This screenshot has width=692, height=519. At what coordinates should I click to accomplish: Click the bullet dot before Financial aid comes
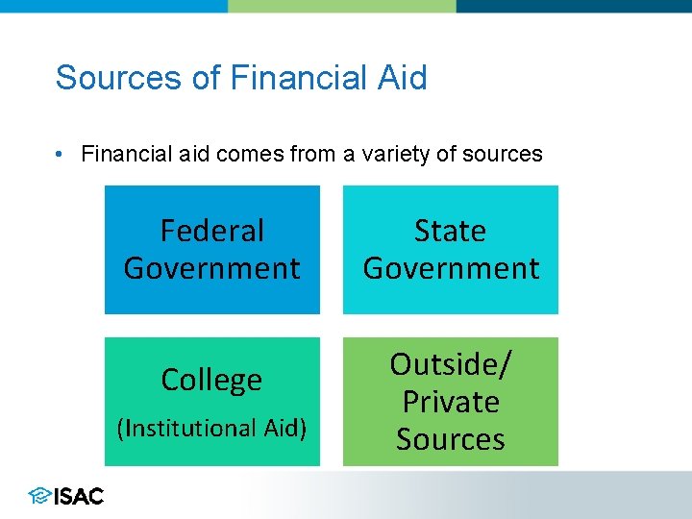(x=60, y=154)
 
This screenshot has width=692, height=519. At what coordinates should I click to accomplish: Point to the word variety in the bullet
(x=395, y=154)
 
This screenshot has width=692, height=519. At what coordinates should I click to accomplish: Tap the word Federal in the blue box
(x=211, y=231)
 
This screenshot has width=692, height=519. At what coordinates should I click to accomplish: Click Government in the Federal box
(x=211, y=268)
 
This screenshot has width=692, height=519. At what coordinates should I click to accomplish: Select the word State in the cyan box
(x=450, y=231)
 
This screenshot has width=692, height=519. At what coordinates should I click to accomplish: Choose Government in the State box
(x=450, y=268)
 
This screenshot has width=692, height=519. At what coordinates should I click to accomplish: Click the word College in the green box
(x=211, y=380)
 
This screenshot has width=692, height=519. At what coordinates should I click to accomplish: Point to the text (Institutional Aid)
(x=211, y=428)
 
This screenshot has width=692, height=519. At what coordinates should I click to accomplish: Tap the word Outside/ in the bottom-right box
(x=450, y=364)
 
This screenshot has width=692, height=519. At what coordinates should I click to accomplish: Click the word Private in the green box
(x=450, y=402)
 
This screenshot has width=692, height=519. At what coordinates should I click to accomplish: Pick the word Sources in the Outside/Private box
(x=450, y=439)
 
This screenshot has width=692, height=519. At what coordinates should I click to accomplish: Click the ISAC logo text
(x=79, y=496)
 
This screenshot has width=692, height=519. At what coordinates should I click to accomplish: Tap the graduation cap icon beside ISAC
(x=39, y=496)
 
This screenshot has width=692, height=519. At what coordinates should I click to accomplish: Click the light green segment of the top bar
(x=341, y=6)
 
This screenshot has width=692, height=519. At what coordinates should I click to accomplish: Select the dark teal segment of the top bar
(x=574, y=6)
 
